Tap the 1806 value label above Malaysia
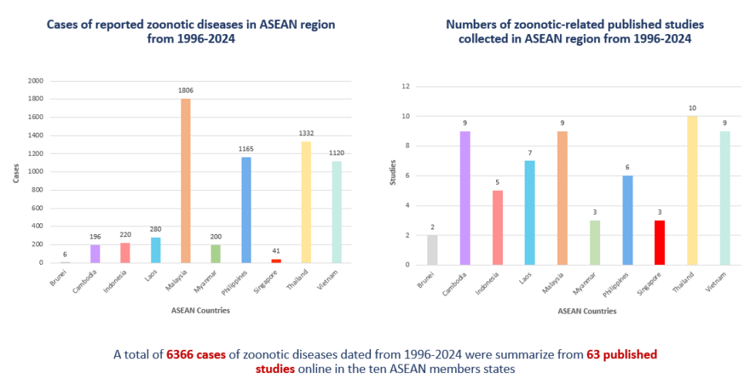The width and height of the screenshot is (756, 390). coord(185,91)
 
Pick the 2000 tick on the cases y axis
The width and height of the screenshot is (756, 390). coord(35,80)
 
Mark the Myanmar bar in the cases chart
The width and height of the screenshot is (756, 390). coord(217,253)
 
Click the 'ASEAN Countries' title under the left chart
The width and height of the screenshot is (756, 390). coord(201,310)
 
